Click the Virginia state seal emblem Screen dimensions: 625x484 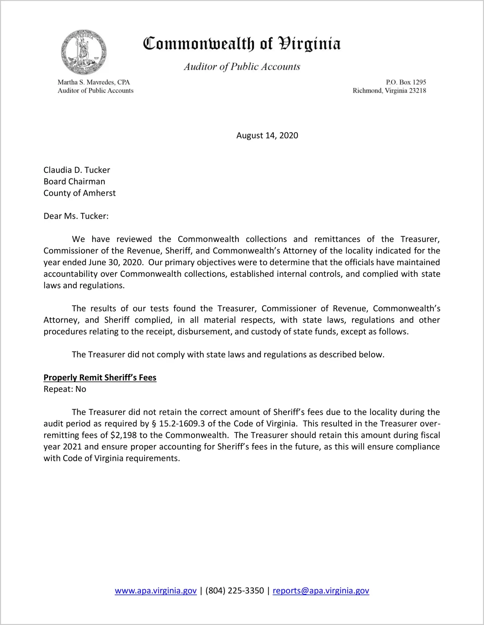pyautogui.click(x=84, y=52)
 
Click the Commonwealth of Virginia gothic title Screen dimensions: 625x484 pyautogui.click(x=242, y=44)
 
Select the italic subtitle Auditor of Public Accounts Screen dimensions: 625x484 pyautogui.click(x=242, y=67)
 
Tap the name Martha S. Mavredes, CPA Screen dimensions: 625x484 pyautogui.click(x=94, y=82)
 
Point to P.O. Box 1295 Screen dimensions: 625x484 pyautogui.click(x=406, y=82)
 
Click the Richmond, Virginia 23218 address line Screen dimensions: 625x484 pyautogui.click(x=389, y=91)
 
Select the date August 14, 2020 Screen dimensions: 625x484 pyautogui.click(x=267, y=135)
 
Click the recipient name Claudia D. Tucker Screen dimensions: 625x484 pyautogui.click(x=77, y=170)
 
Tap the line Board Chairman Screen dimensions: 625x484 pyautogui.click(x=74, y=181)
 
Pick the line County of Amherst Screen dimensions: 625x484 pyautogui.click(x=79, y=193)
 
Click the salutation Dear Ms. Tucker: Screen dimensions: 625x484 pyautogui.click(x=76, y=216)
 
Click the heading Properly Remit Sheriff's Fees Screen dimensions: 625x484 pyautogui.click(x=100, y=377)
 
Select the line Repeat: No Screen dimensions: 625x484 pyautogui.click(x=65, y=389)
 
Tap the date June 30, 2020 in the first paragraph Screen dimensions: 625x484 pyautogui.click(x=116, y=262)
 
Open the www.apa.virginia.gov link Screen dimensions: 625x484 pyautogui.click(x=156, y=591)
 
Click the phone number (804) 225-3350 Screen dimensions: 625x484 pyautogui.click(x=235, y=591)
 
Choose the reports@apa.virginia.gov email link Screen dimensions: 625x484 pyautogui.click(x=321, y=591)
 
